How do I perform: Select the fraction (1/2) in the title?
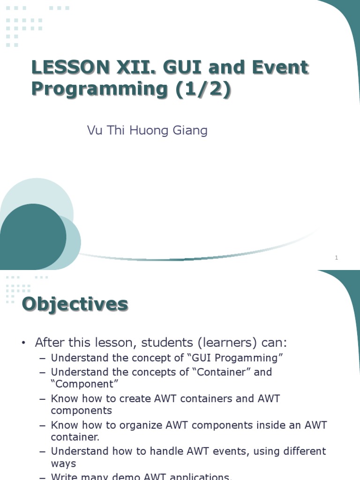click(204, 89)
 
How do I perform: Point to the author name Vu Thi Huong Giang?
click(147, 130)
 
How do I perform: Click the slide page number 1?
click(337, 257)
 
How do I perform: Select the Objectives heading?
click(75, 304)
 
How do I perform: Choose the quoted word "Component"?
click(84, 384)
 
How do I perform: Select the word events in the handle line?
click(232, 451)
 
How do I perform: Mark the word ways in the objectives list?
click(63, 464)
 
